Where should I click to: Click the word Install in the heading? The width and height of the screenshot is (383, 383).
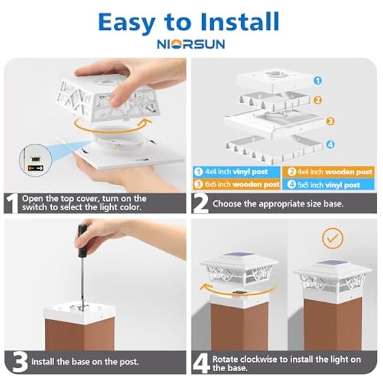(x=240, y=22)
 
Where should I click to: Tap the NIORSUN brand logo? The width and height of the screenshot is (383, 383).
(x=191, y=44)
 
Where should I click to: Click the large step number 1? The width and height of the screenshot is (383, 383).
(x=12, y=203)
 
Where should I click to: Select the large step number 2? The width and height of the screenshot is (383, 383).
(x=200, y=203)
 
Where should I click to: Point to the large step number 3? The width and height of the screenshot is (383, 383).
(x=20, y=362)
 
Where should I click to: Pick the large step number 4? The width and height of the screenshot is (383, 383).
(x=202, y=363)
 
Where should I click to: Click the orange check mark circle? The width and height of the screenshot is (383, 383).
(x=332, y=238)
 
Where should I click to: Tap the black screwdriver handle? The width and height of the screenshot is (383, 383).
(x=82, y=240)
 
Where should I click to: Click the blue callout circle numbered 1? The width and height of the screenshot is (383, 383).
(x=318, y=80)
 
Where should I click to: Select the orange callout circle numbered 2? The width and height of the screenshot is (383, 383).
(x=317, y=100)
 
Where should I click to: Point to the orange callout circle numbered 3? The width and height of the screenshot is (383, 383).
(x=330, y=121)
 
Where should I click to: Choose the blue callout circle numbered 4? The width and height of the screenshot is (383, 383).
(x=330, y=144)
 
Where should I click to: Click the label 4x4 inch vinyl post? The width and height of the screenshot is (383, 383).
(x=236, y=172)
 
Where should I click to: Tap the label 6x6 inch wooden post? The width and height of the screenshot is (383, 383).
(x=242, y=184)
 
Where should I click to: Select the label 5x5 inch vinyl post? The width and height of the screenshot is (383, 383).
(x=329, y=184)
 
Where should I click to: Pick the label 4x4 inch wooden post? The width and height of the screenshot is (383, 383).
(x=335, y=172)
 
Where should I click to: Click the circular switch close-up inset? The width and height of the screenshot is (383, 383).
(x=36, y=160)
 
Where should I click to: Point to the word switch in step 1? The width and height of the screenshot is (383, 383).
(x=34, y=207)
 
